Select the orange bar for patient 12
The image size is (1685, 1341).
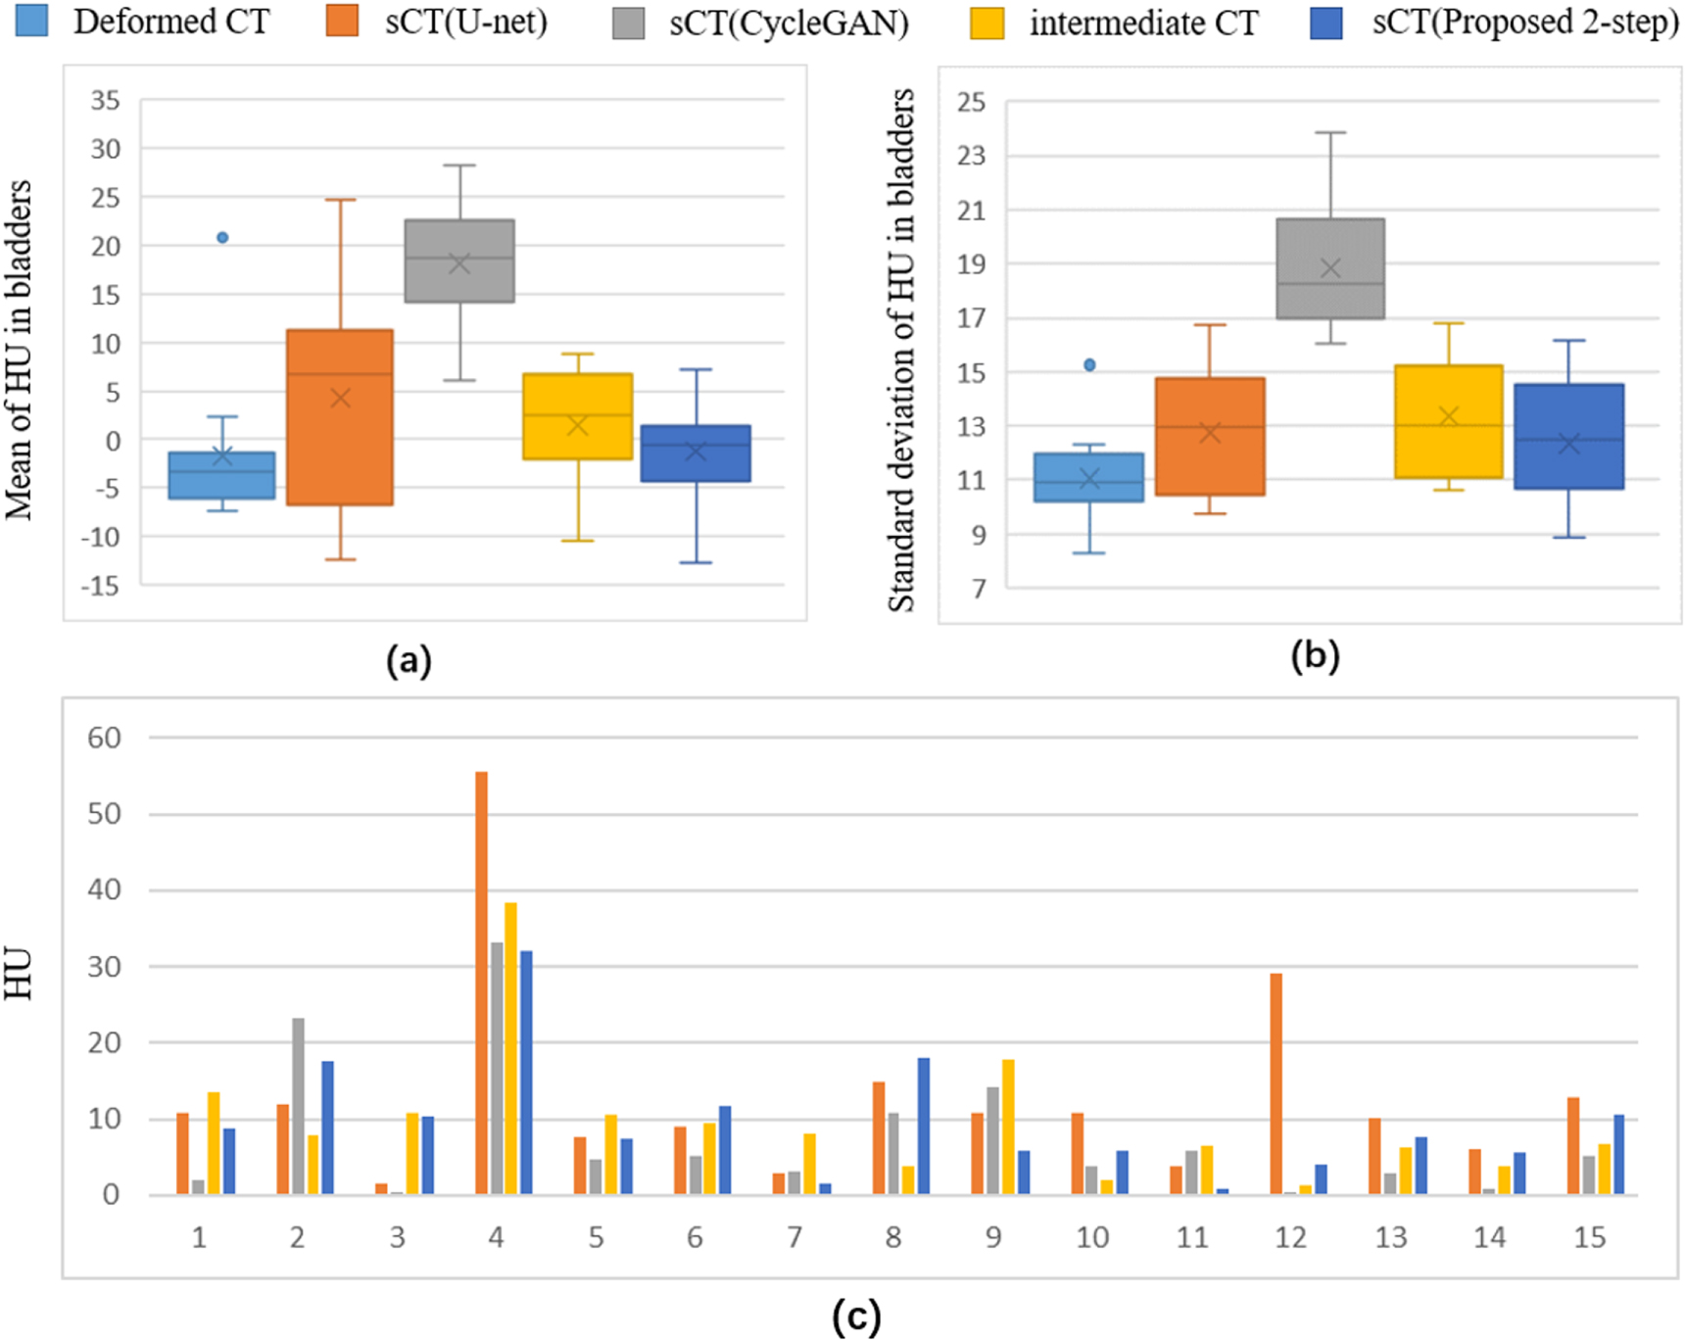pos(1276,1083)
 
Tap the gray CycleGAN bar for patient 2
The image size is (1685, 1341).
pos(298,1106)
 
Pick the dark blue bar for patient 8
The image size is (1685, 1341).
pos(923,1125)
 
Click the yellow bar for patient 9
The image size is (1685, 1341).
pos(1008,1126)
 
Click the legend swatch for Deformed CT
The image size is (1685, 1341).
pos(31,21)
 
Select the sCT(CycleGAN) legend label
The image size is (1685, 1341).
pos(789,22)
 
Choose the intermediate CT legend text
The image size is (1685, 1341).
pos(1143,22)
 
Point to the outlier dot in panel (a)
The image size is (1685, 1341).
pos(222,237)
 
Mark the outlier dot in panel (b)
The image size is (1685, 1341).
pos(1089,364)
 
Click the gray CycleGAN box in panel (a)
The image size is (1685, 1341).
pos(459,261)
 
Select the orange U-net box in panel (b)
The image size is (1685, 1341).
pos(1210,436)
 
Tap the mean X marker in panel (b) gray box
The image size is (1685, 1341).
pos(1330,268)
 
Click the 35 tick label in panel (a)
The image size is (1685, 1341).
pos(105,100)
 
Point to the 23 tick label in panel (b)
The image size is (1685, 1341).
pos(971,155)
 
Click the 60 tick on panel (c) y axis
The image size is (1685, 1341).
pos(105,738)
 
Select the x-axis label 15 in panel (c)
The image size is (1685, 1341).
pos(1589,1238)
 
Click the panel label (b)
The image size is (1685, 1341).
pos(1314,656)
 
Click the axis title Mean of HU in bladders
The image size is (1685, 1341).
pos(19,350)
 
